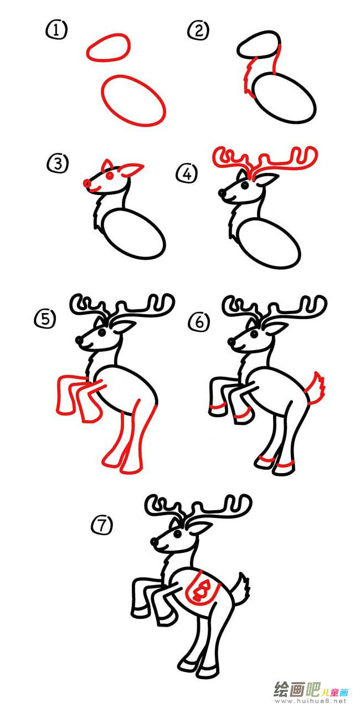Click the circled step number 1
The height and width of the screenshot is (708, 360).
[x=56, y=30]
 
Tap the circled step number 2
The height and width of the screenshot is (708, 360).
[x=198, y=31]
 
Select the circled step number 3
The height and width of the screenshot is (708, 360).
[x=58, y=164]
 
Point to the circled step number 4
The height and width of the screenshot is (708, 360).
[x=187, y=173]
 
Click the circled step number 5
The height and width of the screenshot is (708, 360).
[x=45, y=319]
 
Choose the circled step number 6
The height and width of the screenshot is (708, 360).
[x=199, y=322]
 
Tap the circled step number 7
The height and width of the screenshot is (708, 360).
[x=102, y=525]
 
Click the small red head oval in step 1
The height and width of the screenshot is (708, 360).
[x=108, y=48]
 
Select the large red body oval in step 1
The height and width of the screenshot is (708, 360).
[x=133, y=100]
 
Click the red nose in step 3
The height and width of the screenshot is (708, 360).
[x=87, y=183]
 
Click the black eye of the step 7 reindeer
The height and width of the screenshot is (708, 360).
[x=178, y=535]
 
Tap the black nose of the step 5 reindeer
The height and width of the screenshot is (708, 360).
[x=79, y=340]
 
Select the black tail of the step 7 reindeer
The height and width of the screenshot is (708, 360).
[x=240, y=588]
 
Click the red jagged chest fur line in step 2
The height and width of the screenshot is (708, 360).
[x=249, y=78]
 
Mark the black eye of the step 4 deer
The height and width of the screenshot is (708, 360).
[x=244, y=185]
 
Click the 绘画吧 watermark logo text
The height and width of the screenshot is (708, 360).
[x=297, y=690]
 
